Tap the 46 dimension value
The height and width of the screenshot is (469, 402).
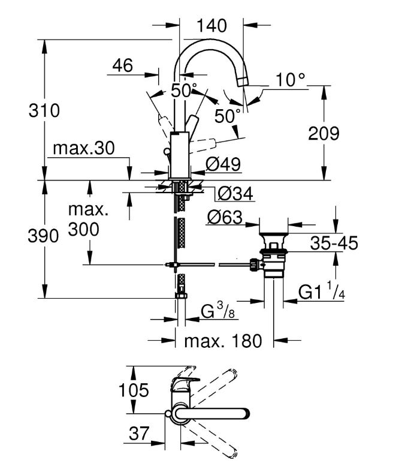(x=122, y=65)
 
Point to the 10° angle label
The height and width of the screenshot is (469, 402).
(x=291, y=79)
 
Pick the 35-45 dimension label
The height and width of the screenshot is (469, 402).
(x=334, y=243)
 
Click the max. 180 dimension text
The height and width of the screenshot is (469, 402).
(x=223, y=341)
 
